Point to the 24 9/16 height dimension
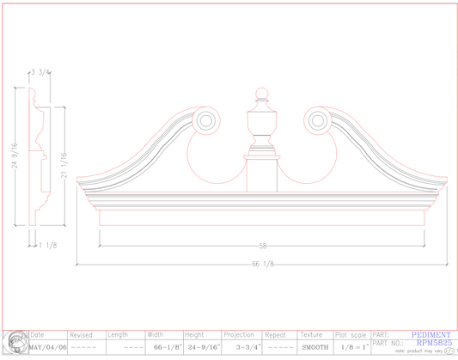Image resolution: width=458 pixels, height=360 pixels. [15, 156]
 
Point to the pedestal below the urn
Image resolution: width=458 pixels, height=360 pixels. [263, 169]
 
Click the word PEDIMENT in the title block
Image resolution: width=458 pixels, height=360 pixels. [431, 335]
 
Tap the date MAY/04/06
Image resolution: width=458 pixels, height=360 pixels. [48, 347]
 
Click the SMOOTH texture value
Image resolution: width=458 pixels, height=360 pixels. [314, 347]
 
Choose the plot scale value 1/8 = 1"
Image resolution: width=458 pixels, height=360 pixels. [352, 347]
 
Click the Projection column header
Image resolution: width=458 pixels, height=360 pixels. [238, 335]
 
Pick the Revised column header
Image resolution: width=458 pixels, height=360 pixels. [81, 335]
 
